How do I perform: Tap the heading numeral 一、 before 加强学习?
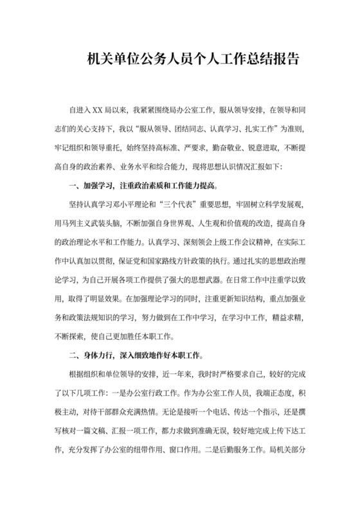[x=73, y=186]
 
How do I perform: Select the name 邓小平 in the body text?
[x=129, y=205]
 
